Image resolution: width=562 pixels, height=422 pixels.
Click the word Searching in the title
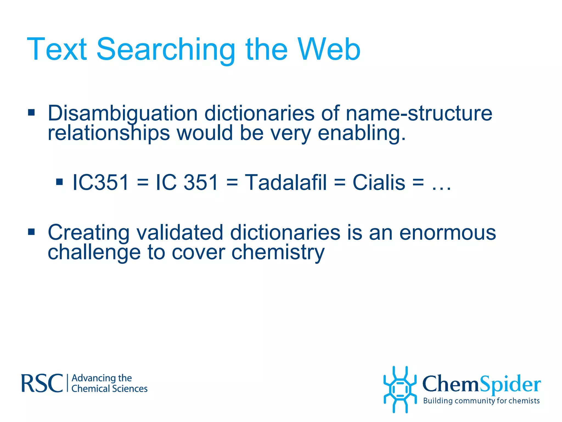[x=166, y=50]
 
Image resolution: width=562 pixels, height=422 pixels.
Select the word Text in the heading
[x=57, y=50]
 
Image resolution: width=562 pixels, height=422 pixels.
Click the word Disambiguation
[x=123, y=113]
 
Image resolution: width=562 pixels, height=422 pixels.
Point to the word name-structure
[x=419, y=113]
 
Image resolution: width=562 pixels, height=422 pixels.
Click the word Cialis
[x=379, y=182]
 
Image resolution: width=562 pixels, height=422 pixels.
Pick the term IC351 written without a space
[x=100, y=182]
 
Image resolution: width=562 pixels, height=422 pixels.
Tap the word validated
[x=180, y=233]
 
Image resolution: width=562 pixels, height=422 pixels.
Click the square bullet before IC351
[x=59, y=182]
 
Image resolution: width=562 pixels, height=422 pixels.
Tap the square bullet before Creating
[x=31, y=232]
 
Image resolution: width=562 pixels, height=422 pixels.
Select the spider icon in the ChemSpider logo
[x=400, y=390]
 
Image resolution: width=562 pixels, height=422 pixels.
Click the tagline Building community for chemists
[x=481, y=401]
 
